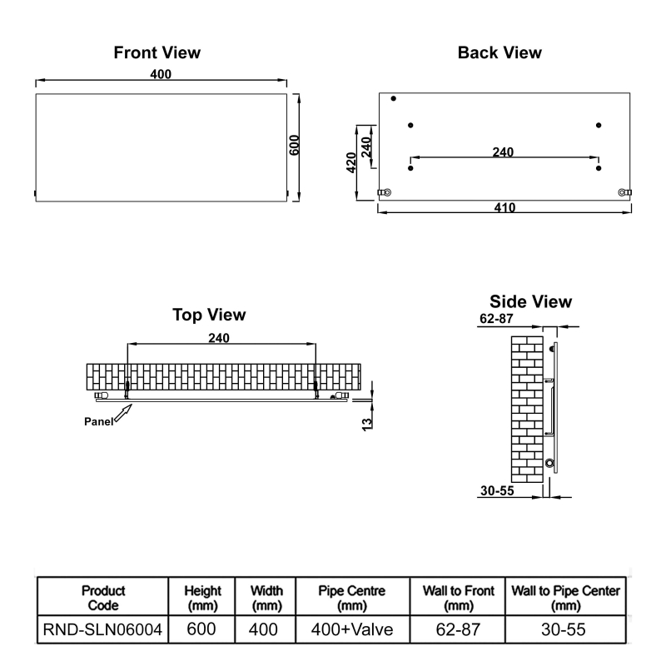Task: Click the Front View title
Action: (x=157, y=52)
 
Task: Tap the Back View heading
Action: (x=499, y=52)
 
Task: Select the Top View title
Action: (x=209, y=315)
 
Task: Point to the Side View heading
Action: (x=530, y=301)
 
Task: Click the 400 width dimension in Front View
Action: (x=161, y=75)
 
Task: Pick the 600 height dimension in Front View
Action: (x=294, y=146)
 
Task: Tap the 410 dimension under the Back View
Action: (x=505, y=208)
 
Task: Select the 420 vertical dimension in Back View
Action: (x=352, y=162)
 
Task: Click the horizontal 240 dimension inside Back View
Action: (x=503, y=152)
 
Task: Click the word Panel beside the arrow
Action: (x=99, y=421)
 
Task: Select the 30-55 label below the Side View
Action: (x=497, y=490)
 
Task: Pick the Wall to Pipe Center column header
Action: (x=564, y=597)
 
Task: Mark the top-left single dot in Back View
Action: (x=394, y=99)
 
